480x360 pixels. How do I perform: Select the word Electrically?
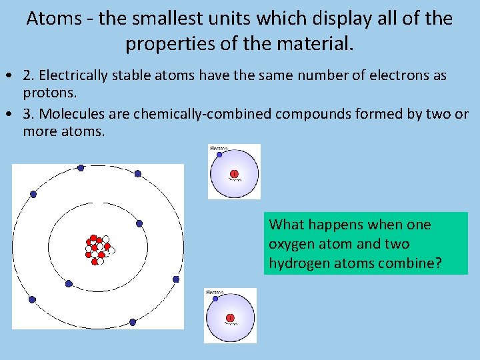click(75, 75)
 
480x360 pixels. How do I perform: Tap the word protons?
click(47, 93)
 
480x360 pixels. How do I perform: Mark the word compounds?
click(315, 114)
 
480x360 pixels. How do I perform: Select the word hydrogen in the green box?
click(297, 263)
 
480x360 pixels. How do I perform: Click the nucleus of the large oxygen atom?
click(99, 249)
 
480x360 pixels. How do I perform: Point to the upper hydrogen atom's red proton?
click(234, 175)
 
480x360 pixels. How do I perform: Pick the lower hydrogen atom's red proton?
click(230, 318)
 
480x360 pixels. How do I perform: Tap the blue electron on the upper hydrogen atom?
click(218, 155)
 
